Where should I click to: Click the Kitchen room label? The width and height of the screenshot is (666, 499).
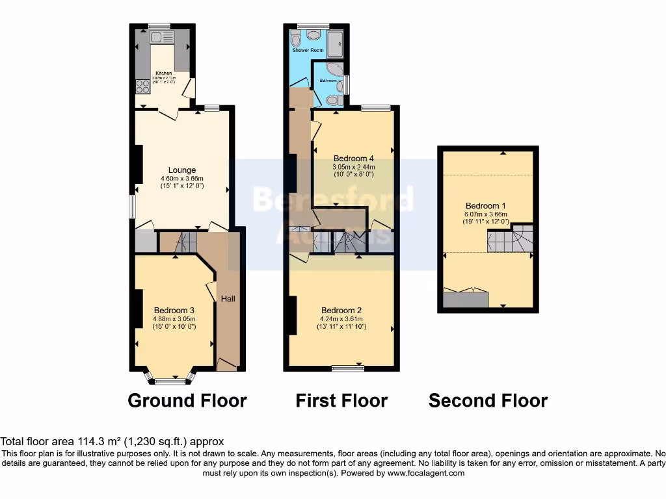[163, 73]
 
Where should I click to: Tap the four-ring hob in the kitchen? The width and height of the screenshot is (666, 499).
[142, 86]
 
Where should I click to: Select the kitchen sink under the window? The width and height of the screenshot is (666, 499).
[157, 37]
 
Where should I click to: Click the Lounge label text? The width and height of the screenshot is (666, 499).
[182, 170]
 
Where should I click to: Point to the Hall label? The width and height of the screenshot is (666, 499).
[228, 298]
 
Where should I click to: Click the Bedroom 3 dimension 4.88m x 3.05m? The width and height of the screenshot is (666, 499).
[174, 318]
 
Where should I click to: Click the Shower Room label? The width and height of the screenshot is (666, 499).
[308, 50]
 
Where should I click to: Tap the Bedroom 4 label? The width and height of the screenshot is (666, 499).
[353, 158]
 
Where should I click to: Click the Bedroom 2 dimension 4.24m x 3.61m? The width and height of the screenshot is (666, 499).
[341, 318]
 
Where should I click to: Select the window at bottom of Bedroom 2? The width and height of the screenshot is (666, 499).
[347, 369]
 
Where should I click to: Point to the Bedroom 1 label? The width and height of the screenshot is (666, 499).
[486, 206]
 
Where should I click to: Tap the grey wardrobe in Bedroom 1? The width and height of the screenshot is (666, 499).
[465, 300]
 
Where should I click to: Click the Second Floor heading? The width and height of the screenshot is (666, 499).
[488, 401]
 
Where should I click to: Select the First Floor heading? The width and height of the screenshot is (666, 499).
[341, 401]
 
